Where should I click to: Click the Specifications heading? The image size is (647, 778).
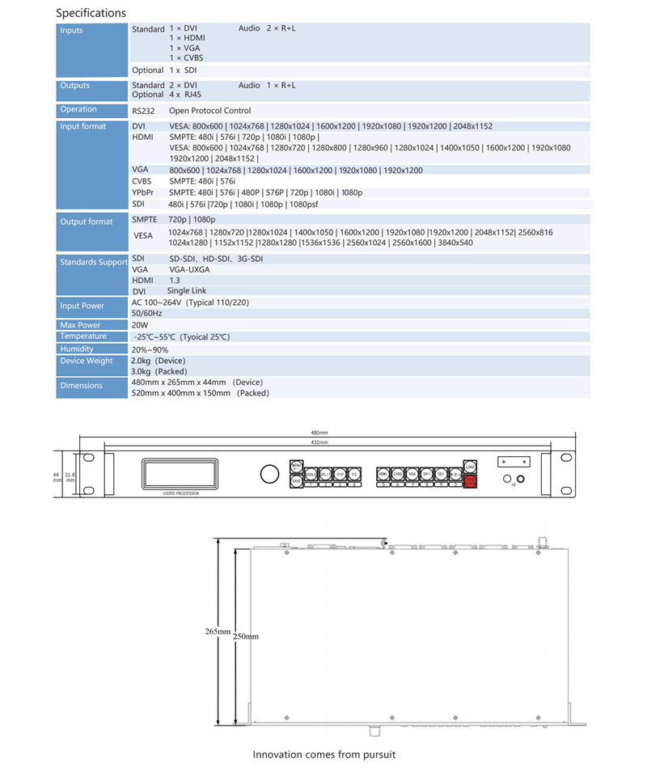[x=91, y=13]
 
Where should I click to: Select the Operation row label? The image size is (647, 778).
[x=78, y=109]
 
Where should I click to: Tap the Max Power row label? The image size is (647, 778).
[x=80, y=325]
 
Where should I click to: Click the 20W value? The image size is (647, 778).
[x=139, y=325]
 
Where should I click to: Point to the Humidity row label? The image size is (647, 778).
[x=77, y=349]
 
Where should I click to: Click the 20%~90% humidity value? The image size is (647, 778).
[x=150, y=349]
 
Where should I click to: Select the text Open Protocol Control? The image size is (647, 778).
[x=209, y=110]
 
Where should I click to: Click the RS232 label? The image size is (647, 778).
[x=142, y=110]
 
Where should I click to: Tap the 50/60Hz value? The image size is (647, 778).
[x=146, y=313]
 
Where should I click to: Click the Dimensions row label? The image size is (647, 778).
[x=82, y=386]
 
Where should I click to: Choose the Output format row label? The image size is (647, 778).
[x=87, y=222]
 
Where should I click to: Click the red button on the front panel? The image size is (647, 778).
[x=470, y=481]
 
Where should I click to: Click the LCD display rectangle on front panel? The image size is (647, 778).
[x=180, y=473]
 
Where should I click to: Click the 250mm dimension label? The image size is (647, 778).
[x=246, y=636]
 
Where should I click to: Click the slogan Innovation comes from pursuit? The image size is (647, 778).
[x=324, y=755]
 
